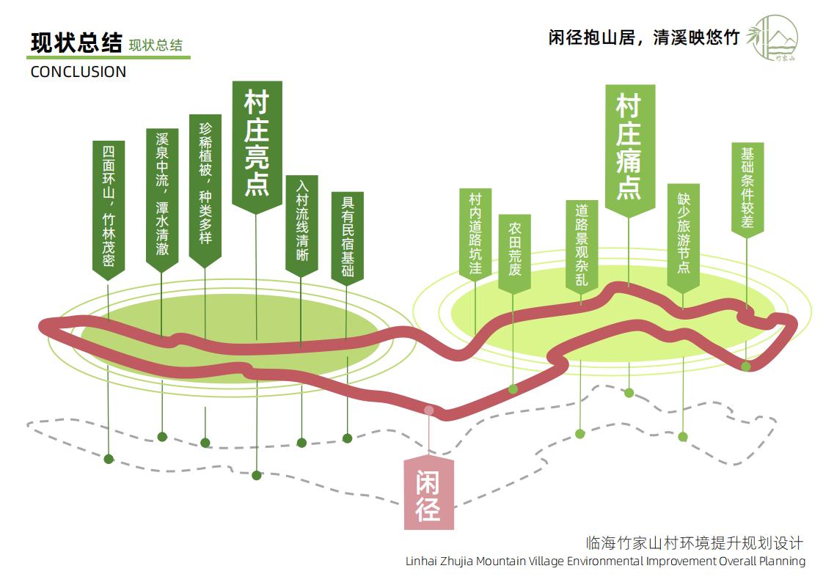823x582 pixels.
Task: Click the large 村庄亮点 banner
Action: click(257, 144)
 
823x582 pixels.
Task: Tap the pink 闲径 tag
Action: click(429, 493)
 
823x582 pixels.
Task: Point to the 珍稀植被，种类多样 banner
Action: click(205, 186)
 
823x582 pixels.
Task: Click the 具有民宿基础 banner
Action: click(348, 235)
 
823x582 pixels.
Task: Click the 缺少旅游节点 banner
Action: click(684, 235)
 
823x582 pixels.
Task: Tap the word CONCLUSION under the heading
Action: click(78, 72)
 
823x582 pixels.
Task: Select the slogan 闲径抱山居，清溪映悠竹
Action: click(643, 37)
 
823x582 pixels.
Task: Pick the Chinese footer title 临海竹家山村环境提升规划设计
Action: click(695, 543)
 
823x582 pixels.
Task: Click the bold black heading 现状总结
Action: click(76, 43)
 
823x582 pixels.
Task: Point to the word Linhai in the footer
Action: click(423, 561)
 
